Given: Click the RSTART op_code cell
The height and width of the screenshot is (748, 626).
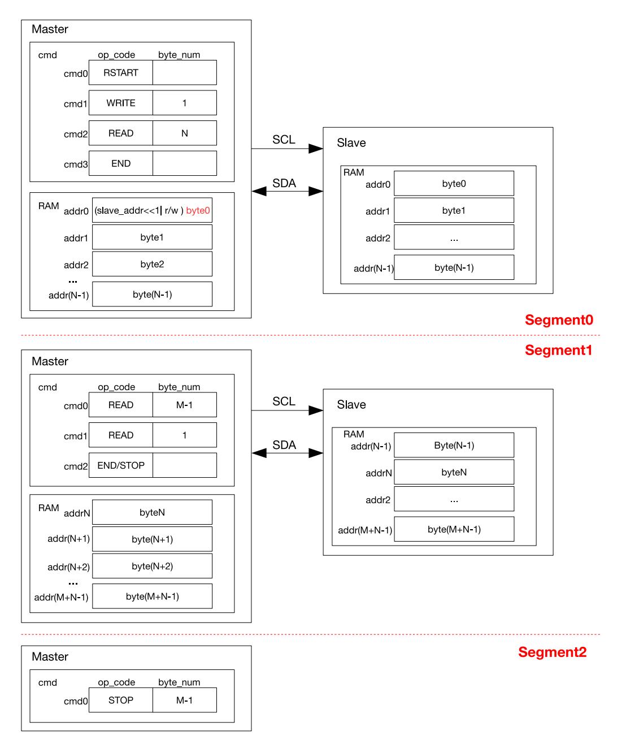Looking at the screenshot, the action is [x=120, y=72].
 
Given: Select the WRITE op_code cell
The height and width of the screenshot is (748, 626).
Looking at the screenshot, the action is [x=120, y=103].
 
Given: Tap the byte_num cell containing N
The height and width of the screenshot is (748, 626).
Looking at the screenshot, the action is [x=185, y=133].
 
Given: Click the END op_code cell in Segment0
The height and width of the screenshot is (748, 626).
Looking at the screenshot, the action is [x=120, y=163].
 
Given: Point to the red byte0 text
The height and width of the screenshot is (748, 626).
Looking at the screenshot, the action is [x=198, y=210].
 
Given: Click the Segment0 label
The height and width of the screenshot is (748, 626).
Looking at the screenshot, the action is [x=559, y=320].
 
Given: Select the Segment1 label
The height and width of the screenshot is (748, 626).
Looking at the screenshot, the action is [x=558, y=351].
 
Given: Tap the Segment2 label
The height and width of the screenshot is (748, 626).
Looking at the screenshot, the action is [x=552, y=652].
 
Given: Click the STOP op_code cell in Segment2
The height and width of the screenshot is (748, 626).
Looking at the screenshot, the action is [x=120, y=700].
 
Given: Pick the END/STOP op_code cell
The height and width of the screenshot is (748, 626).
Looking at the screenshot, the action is [x=120, y=465].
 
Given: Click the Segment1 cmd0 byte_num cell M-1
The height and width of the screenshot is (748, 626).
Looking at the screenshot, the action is [x=185, y=405].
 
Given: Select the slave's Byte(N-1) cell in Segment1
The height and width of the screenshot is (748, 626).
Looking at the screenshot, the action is [x=454, y=445].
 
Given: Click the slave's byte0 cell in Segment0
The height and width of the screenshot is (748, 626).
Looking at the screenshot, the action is [x=454, y=183].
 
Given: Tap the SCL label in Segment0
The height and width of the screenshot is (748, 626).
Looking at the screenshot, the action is [x=284, y=139].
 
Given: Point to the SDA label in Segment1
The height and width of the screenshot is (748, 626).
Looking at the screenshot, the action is [x=284, y=445].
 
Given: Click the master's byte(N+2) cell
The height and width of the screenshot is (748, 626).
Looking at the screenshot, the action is [x=152, y=566].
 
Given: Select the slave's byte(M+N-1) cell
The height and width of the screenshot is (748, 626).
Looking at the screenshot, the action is [x=454, y=529].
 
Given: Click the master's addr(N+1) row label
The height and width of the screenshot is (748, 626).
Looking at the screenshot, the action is [x=69, y=538].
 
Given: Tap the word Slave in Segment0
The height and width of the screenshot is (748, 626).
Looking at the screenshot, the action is [x=351, y=142].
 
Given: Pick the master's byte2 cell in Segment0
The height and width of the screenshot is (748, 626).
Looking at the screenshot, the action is [x=152, y=264].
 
